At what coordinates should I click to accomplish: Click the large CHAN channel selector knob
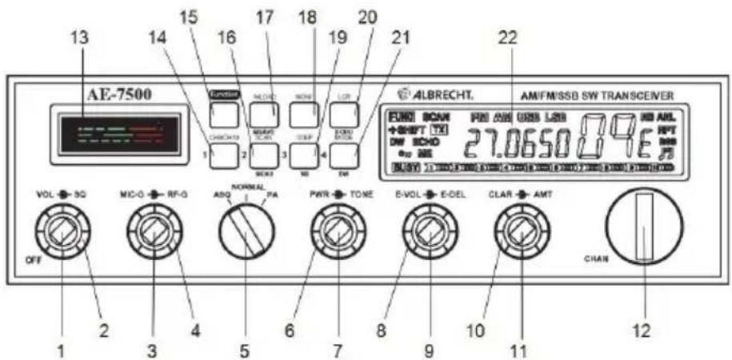coord(644,230)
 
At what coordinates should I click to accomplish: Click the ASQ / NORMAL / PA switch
coord(245,232)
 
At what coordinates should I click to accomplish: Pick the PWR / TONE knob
coord(336,234)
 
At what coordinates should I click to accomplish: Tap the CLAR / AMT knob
coord(519,234)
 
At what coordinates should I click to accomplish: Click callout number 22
coord(507,37)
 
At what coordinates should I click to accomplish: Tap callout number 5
coord(244,330)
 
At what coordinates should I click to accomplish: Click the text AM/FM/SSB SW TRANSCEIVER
coord(610,94)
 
